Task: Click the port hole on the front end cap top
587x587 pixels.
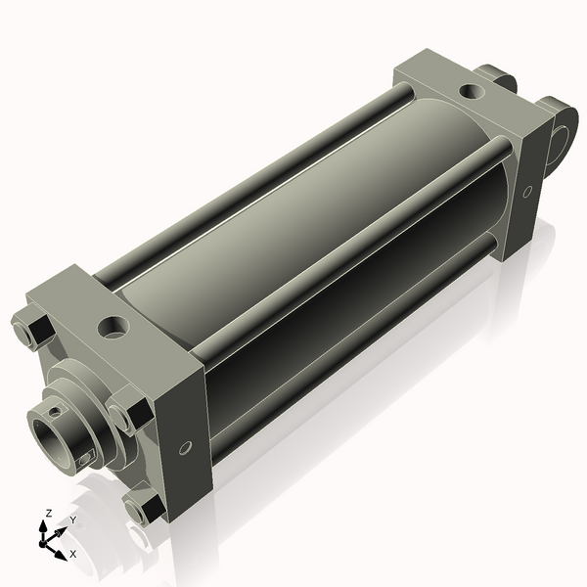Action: (113, 325)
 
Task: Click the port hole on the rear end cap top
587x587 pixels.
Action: (471, 93)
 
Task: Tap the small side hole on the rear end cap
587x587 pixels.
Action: (527, 192)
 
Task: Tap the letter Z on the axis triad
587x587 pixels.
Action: (48, 513)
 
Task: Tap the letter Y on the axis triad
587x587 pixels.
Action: (72, 520)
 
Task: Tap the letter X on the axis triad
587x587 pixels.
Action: (72, 554)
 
